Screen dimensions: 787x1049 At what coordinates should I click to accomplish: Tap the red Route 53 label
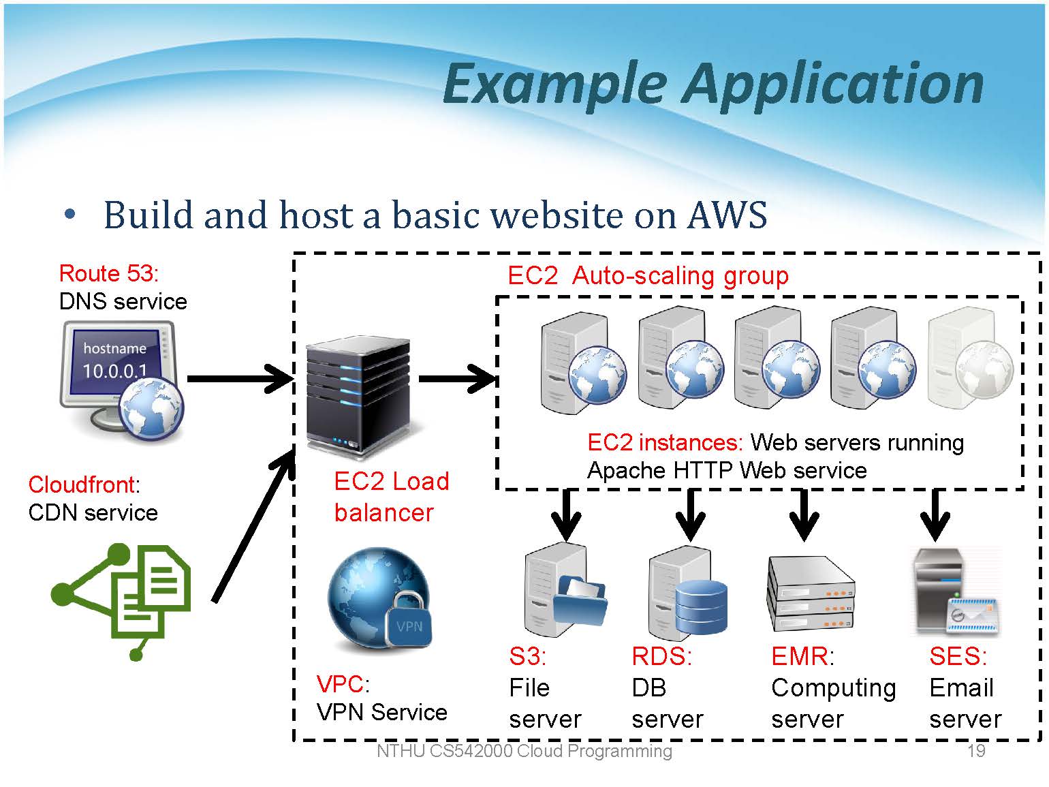(108, 273)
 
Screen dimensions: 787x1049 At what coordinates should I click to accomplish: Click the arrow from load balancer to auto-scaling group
(456, 379)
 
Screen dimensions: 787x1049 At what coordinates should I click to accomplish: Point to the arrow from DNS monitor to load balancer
(238, 379)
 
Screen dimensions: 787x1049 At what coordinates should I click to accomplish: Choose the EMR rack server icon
(811, 593)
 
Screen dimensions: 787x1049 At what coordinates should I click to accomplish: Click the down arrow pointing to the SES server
(935, 515)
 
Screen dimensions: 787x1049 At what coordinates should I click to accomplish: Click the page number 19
(975, 751)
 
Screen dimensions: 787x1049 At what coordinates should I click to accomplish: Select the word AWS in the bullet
(727, 215)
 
